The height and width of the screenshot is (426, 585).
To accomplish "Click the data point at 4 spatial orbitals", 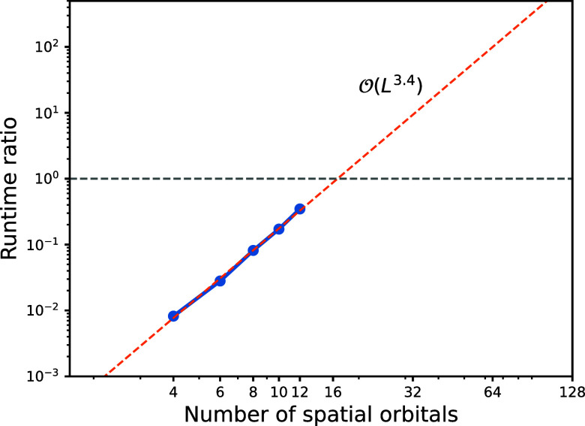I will pyautogui.click(x=173, y=316).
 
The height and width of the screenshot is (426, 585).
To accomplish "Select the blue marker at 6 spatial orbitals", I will pyautogui.click(x=220, y=280).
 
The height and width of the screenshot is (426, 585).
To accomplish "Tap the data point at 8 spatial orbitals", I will pyautogui.click(x=253, y=250).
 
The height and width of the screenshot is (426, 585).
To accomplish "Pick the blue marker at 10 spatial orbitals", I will pyautogui.click(x=279, y=228).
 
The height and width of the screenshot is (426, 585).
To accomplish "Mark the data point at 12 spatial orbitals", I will pyautogui.click(x=300, y=208).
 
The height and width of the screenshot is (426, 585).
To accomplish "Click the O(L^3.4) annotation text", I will pyautogui.click(x=390, y=87).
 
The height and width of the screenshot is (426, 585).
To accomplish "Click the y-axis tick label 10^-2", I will pyautogui.click(x=46, y=310).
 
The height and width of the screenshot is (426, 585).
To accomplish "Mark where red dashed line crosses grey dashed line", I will pyautogui.click(x=338, y=179).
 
